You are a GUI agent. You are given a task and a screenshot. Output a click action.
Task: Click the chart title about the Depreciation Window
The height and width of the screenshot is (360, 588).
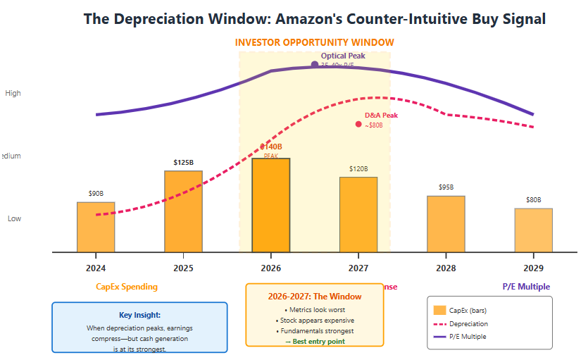point(314,19)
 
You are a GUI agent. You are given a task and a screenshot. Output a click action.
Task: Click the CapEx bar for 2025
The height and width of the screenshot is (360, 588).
point(183,211)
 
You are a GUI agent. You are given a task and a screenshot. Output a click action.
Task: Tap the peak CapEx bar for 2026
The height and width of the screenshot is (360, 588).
point(271,204)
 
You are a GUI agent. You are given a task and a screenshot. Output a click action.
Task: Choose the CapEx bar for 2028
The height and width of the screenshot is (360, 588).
point(446,223)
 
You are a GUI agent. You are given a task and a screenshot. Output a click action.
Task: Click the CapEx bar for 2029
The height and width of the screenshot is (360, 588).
point(533,230)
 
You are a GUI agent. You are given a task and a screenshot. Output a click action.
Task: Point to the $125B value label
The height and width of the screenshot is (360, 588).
point(183,163)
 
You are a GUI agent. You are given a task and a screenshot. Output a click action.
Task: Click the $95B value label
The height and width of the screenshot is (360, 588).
point(446,187)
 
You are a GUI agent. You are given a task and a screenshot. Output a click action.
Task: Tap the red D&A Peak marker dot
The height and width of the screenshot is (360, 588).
point(358,125)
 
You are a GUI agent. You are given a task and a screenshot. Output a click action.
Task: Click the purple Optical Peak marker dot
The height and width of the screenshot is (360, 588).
point(314,65)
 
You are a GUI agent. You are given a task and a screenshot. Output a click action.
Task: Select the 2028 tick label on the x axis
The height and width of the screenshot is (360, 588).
point(446,268)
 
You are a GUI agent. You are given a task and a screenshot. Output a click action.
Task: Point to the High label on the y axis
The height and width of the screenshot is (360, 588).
point(13,93)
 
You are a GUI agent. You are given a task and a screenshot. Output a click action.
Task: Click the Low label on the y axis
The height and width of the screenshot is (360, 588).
point(14,218)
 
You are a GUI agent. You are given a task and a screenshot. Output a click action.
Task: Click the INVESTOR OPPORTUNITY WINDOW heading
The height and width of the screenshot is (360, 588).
point(314,43)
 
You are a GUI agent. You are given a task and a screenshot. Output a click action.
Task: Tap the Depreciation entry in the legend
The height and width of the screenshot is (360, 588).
point(468,324)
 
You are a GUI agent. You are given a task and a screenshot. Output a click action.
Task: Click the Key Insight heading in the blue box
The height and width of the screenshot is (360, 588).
point(139,316)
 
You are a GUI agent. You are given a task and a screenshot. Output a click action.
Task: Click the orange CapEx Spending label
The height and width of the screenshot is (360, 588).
point(127,287)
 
